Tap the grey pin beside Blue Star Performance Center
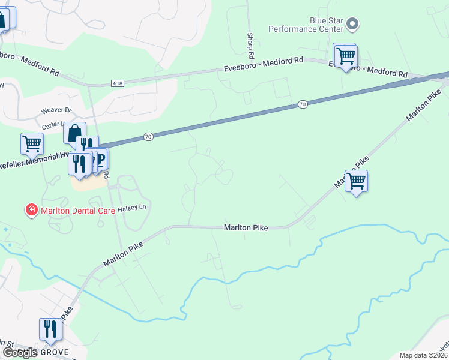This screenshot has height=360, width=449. [352, 24]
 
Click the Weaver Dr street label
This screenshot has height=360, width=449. [56, 110]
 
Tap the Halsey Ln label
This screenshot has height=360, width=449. [132, 208]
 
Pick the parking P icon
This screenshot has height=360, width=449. [100, 159]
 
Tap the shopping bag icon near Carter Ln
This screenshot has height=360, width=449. [74, 133]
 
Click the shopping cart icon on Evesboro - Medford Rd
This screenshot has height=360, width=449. [345, 56]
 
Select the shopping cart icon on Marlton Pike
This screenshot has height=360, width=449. [356, 181]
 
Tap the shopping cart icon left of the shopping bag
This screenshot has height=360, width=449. [32, 143]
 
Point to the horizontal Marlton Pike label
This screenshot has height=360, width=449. [246, 227]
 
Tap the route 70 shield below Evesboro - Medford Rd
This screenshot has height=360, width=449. [302, 104]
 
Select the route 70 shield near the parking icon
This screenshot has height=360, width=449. [148, 137]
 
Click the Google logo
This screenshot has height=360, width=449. [19, 353]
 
